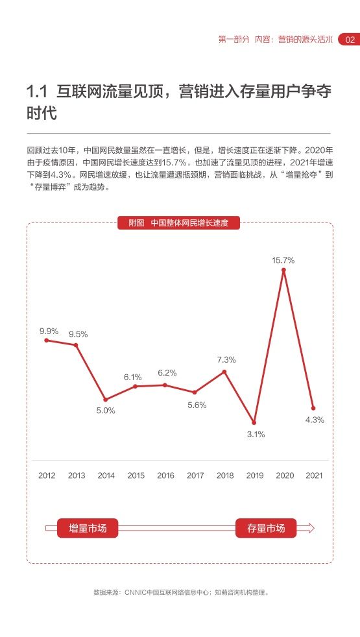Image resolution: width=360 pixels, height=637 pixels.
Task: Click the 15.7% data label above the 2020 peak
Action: click(283, 260)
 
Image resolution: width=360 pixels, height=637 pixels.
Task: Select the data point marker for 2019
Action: click(254, 423)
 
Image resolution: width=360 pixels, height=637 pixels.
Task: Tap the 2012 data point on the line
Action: click(46, 341)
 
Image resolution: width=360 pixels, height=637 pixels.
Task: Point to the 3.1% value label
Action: click(256, 434)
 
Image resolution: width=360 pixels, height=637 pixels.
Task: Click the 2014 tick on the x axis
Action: click(106, 475)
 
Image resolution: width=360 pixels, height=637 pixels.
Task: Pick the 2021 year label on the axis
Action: click(314, 475)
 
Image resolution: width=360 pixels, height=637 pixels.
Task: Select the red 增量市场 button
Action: click(88, 528)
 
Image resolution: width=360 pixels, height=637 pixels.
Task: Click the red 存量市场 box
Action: click(266, 528)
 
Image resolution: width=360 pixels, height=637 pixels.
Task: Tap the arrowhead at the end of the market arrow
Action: click(311, 528)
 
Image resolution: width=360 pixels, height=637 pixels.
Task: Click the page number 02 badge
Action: click(349, 40)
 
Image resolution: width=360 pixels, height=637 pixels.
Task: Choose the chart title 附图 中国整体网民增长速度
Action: click(179, 223)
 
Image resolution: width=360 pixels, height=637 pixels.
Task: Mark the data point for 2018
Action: click(224, 371)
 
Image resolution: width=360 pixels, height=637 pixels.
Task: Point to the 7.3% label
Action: click(226, 359)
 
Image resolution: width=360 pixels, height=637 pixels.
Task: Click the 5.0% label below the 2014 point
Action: click(106, 411)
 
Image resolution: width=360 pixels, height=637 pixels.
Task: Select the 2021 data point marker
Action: click(313, 408)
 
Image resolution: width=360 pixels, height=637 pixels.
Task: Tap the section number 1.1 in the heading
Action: click(38, 92)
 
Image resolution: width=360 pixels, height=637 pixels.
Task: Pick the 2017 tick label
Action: click(195, 475)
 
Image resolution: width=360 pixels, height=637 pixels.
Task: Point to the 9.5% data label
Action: click(78, 334)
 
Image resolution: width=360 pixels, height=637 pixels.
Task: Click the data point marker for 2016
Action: click(165, 385)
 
